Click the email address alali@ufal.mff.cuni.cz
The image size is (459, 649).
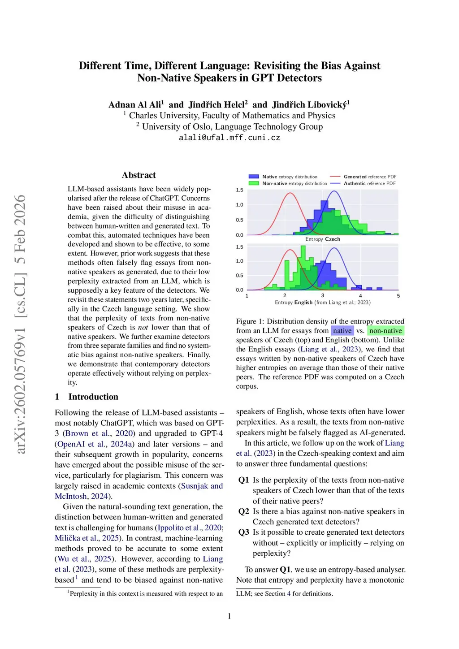click(229, 138)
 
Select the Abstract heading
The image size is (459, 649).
click(139, 175)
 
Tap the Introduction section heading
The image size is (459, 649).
click(93, 397)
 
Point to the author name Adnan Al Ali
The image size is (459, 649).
click(136, 105)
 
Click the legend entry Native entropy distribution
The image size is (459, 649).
click(290, 177)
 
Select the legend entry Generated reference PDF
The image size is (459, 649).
click(370, 177)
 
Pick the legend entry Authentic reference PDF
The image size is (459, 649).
click(369, 183)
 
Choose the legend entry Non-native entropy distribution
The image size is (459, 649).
click(294, 183)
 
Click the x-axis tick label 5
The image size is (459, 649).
click(398, 296)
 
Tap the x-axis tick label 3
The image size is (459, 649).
click(322, 296)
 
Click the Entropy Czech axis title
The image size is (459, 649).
click(323, 239)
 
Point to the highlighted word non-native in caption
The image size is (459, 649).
click(385, 331)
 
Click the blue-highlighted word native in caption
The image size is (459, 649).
click(342, 331)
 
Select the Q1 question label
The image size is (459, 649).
click(243, 480)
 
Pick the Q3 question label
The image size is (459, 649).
click(243, 532)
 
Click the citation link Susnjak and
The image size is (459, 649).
click(202, 486)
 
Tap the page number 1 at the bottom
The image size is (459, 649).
click(229, 616)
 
